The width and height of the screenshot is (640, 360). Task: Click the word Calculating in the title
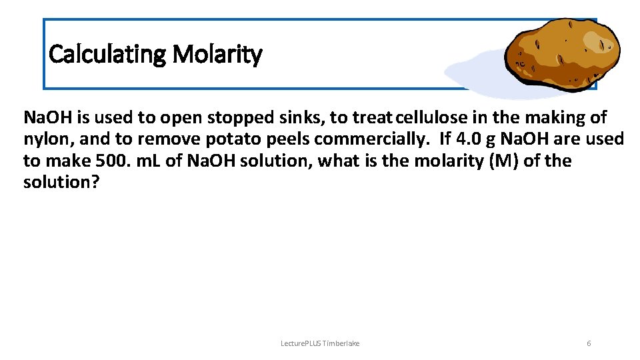(x=107, y=54)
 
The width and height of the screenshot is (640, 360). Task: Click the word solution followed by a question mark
(x=61, y=182)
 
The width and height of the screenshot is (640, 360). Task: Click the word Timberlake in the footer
(x=341, y=343)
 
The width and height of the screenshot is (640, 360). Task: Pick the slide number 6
(x=589, y=343)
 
